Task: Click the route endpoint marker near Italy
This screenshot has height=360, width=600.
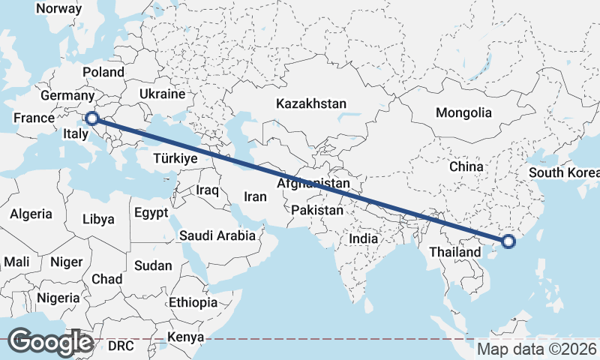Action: pos(92,118)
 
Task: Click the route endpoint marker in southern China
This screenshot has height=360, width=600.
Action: pos(508,241)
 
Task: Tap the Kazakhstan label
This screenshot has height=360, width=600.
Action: pos(311,103)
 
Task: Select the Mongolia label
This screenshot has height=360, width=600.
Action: pos(465,112)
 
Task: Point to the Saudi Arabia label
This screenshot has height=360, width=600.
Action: pos(217,235)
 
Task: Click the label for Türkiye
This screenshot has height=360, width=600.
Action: pos(175,159)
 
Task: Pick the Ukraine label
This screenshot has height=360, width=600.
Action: pos(162,94)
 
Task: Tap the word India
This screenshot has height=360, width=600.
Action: pos(364,238)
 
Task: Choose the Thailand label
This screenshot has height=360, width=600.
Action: pos(455,253)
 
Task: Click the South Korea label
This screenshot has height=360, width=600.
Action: pos(563,172)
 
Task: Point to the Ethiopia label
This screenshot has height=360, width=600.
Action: pos(193,302)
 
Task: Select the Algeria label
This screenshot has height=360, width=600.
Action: pos(31,214)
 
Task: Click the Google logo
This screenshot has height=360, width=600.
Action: pos(50,342)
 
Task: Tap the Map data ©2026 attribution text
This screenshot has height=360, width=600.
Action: pos(537,349)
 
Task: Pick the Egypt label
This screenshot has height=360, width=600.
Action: pos(151,212)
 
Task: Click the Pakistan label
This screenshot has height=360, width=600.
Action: pos(317,210)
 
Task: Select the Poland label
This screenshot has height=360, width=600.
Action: pos(103,72)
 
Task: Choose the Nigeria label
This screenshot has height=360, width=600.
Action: pos(58,298)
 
